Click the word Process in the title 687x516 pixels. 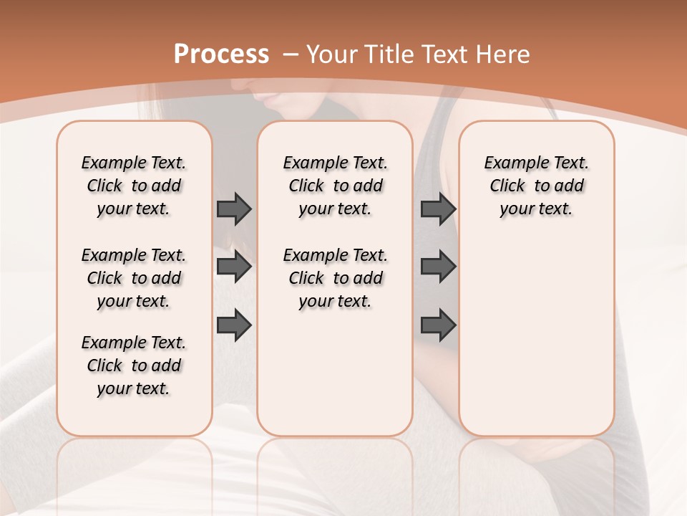coord(221,54)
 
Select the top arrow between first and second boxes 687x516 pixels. coord(234,209)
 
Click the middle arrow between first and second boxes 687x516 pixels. coord(234,267)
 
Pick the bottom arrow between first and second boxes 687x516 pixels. coord(234,325)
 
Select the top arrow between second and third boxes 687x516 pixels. coord(438,209)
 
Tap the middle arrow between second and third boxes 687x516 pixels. coord(438,267)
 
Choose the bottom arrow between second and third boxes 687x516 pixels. coord(438,325)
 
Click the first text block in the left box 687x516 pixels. coord(134,186)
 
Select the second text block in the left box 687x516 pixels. coord(134,278)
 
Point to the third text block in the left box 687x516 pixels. coord(134,365)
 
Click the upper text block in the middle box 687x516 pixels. coord(335,186)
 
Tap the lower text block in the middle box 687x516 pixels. coord(335,278)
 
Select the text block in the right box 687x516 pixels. coord(536,186)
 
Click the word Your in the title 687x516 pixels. coord(331,54)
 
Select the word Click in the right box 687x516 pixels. coord(507,186)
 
